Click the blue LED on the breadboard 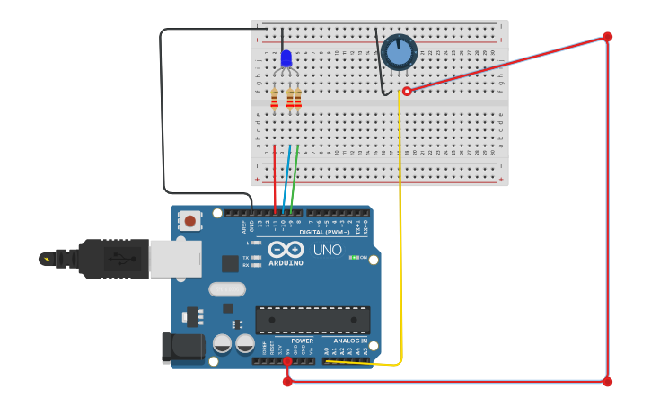(x=286, y=58)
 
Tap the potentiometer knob (x=399, y=52)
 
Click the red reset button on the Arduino (x=189, y=220)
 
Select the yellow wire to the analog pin (x=400, y=225)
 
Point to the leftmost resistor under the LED (x=275, y=98)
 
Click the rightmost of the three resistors (x=297, y=98)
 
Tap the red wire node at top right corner (x=607, y=37)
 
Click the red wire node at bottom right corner (x=607, y=382)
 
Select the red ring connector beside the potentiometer (x=407, y=91)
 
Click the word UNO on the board (x=327, y=250)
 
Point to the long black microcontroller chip (x=312, y=320)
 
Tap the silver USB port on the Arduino (x=174, y=259)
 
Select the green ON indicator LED (x=353, y=258)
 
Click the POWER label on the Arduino (x=303, y=341)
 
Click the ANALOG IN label (x=350, y=341)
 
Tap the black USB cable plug (x=113, y=259)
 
